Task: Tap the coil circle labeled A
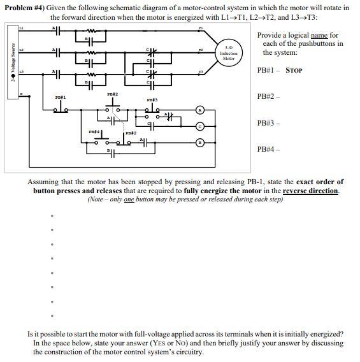coord(199,110)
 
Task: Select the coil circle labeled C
coord(199,126)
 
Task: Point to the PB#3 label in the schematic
coord(152,100)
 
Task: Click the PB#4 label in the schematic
coord(94,131)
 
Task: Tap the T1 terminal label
coord(199,29)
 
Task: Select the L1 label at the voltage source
coord(21,29)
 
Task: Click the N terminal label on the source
coord(20,95)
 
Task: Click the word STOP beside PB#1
coord(294,70)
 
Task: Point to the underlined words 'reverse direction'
coord(310,191)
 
